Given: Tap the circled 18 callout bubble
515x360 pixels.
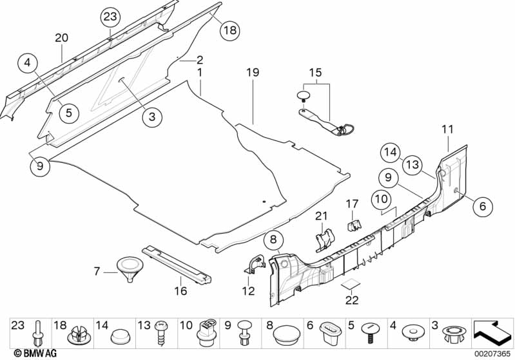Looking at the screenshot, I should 229,30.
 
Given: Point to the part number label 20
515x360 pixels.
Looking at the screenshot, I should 61,39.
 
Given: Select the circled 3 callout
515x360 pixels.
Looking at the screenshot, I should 152,117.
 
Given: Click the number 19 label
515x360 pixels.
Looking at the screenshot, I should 253,73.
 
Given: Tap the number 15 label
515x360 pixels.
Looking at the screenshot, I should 315,73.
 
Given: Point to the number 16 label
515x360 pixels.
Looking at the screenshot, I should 180,291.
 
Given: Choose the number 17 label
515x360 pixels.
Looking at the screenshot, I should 351,204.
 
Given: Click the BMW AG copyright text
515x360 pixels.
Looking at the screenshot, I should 23,353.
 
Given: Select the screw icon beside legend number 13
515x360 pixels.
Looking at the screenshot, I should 159,334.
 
